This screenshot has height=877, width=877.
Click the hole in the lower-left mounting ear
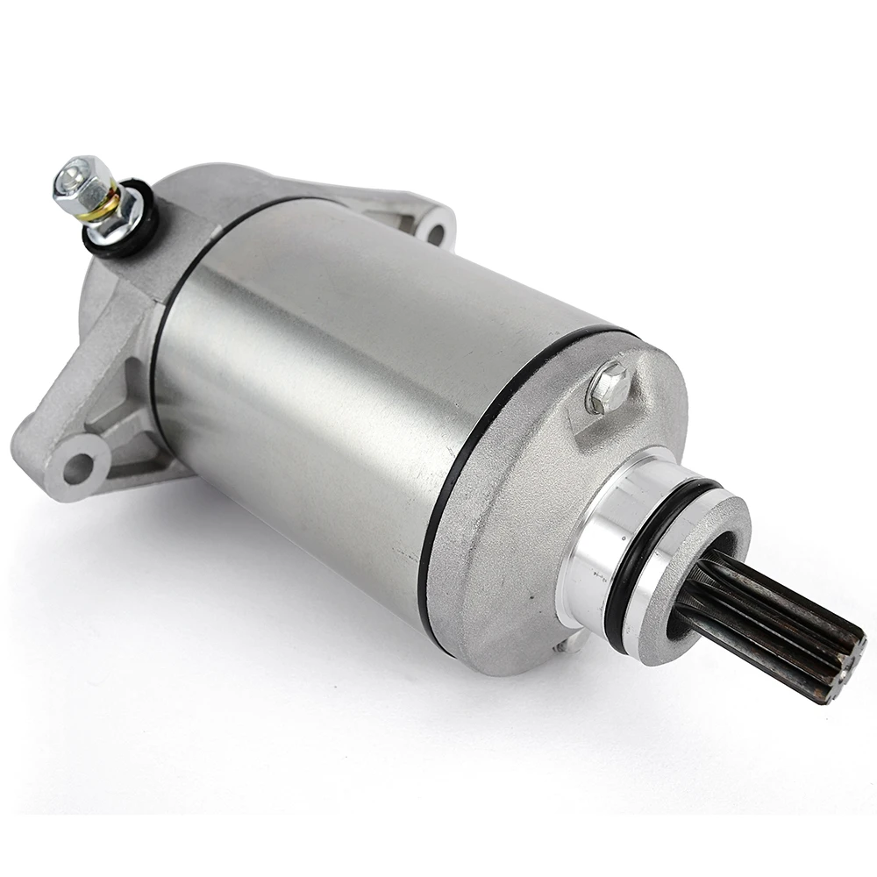78,467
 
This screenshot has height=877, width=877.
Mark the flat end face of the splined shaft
842,671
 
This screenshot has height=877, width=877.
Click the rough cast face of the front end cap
517,544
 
